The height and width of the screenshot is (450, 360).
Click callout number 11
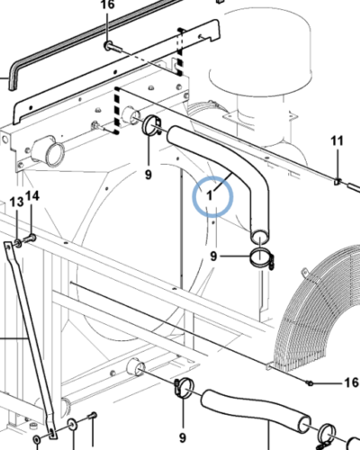coord(337,140)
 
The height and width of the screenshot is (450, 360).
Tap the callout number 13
coord(16,202)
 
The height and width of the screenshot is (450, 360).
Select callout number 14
coord(32,196)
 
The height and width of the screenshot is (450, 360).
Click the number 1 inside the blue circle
coord(210,195)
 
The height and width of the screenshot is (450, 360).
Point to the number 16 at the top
coord(107,4)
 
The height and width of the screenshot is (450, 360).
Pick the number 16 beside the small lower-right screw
coord(351,382)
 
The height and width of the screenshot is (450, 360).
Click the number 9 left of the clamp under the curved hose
coord(213,256)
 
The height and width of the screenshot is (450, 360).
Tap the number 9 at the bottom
coord(183,437)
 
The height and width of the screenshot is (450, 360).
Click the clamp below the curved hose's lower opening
coord(262,258)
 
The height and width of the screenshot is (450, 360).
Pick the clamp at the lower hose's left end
coord(184,388)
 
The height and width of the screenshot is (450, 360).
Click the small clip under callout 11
coord(337,181)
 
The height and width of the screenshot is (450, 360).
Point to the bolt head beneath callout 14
coord(30,239)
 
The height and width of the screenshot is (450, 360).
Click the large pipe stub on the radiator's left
coord(49,150)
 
